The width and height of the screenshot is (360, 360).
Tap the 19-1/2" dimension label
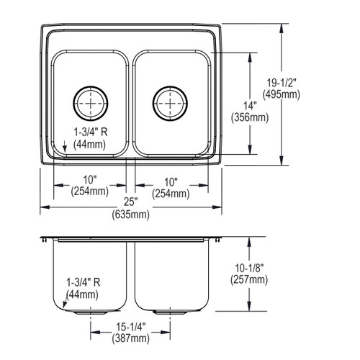point(282,83)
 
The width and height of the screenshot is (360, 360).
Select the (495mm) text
point(282,94)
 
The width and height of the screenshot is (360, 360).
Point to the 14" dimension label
point(250,106)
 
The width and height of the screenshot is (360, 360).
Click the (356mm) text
point(250,117)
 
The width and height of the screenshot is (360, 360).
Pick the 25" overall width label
point(130,202)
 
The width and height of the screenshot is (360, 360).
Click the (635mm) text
point(130,215)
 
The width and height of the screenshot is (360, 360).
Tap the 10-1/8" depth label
point(250,268)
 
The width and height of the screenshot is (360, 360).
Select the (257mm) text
point(249,279)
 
